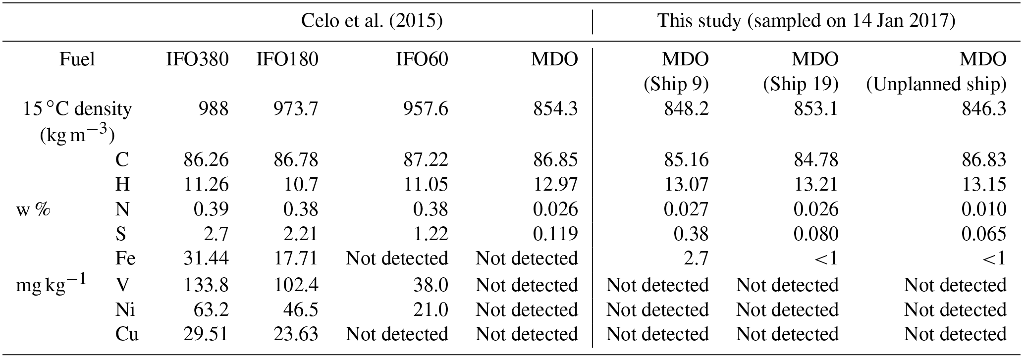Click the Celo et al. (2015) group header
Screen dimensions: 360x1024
tap(372, 21)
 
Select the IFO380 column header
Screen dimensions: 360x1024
tap(197, 60)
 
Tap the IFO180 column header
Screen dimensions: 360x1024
tap(287, 60)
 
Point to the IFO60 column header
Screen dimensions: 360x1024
tap(422, 60)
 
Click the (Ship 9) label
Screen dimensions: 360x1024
tap(676, 85)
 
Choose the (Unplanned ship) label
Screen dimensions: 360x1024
tap(936, 85)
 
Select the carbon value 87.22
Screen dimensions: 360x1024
tap(426, 159)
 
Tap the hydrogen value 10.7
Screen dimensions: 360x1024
tap(300, 184)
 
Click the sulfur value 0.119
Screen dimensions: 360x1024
tap(555, 234)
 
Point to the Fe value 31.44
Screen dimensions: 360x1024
tap(206, 258)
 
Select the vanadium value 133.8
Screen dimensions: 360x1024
tap(206, 285)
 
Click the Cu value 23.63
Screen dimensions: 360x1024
tap(296, 334)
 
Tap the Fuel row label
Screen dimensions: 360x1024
tap(77, 60)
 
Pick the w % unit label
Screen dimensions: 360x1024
tap(33, 209)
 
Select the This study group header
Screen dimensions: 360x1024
tap(806, 21)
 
